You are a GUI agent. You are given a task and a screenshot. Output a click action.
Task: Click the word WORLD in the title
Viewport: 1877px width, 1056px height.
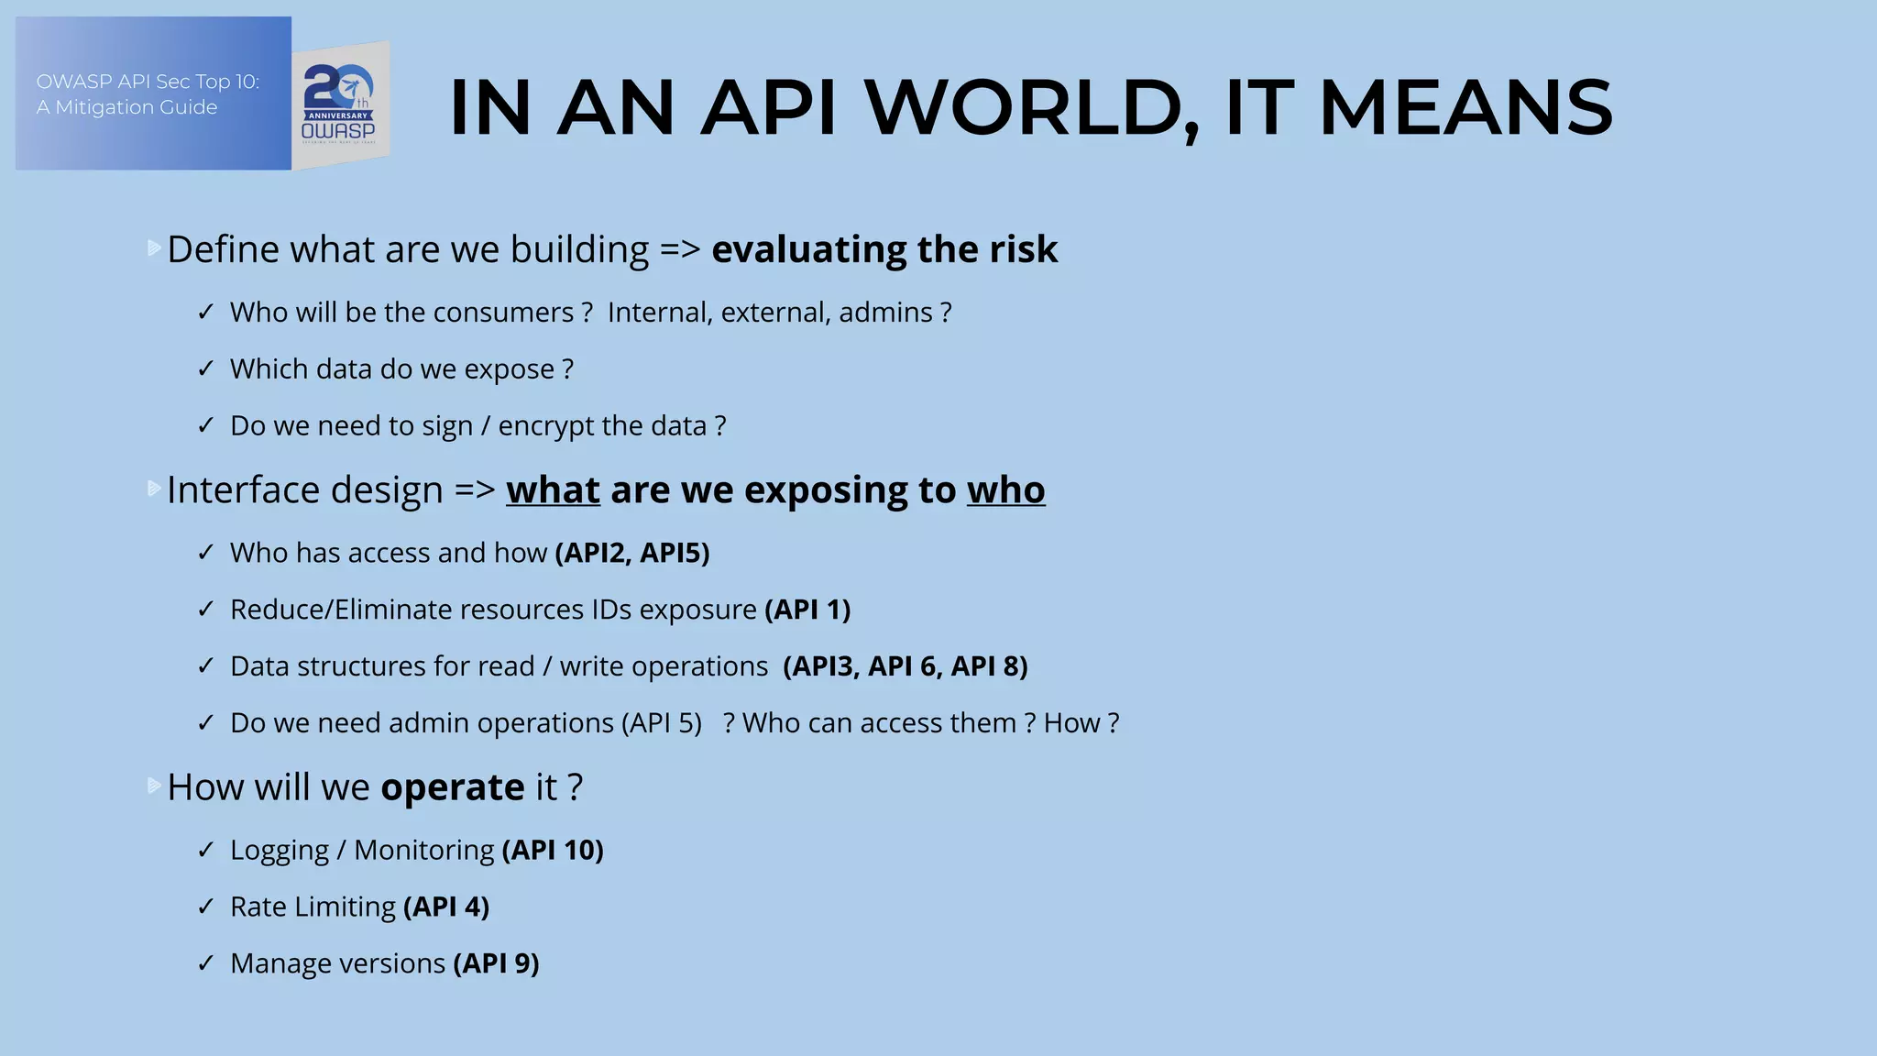[x=1032, y=108]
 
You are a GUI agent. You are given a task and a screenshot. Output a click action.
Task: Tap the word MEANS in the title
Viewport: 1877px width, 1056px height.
[x=1465, y=108]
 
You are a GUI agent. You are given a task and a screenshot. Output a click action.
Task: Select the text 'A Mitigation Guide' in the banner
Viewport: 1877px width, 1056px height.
[x=126, y=107]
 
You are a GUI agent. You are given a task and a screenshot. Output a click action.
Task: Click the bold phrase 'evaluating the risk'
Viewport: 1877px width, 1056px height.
[x=884, y=249]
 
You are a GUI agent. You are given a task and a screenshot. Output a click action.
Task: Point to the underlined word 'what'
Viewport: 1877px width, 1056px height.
[x=553, y=490]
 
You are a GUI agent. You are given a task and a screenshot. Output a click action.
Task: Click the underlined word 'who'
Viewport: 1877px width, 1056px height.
[x=1005, y=490]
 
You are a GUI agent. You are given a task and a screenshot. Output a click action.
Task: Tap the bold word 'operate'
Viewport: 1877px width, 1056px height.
[x=453, y=787]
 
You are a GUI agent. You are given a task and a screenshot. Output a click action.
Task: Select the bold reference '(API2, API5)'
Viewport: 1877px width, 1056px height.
[x=632, y=553]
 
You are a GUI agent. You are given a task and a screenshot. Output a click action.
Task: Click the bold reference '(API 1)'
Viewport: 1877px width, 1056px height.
[x=807, y=610]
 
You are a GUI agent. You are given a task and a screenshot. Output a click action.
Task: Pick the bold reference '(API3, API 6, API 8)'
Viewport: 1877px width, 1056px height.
[x=906, y=666]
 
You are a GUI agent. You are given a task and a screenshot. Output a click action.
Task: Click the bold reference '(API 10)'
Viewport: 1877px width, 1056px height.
[x=553, y=850]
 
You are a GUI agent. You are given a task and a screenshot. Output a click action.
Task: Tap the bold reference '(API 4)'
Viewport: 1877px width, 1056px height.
[x=446, y=907]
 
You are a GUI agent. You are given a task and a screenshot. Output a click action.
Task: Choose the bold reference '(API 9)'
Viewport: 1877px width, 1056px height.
[x=496, y=963]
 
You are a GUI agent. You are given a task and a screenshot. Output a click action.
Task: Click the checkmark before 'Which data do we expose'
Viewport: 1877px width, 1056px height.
[x=206, y=369]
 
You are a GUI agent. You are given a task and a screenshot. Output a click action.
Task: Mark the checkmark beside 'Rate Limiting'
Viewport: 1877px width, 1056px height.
[x=206, y=907]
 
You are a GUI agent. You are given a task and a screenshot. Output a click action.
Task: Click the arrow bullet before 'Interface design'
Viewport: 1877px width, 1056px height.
[x=154, y=489]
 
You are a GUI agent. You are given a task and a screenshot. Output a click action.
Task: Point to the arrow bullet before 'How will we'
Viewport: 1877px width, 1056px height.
[x=154, y=786]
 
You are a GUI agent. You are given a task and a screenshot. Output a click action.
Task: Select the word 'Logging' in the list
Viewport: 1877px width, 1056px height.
[x=279, y=851]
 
